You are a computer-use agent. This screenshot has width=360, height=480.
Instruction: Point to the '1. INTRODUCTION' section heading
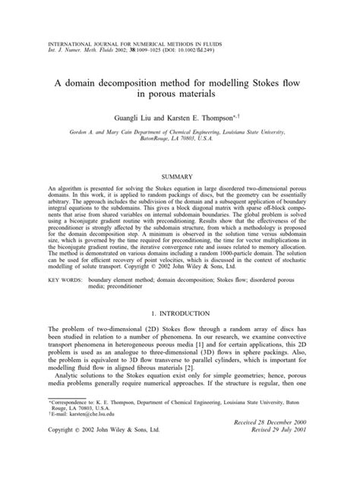pos(179,333)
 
